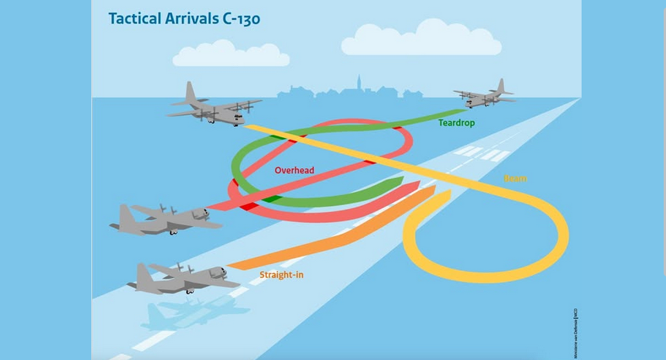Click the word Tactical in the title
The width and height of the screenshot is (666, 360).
coord(136,18)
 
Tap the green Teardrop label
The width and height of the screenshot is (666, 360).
coord(457,122)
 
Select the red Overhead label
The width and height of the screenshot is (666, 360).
coord(294,170)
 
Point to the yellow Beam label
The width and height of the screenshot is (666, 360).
coord(516,179)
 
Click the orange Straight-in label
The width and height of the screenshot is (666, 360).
coord(280,275)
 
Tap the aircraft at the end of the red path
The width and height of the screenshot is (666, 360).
coord(164,219)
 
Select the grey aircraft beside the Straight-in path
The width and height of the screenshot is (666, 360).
coord(182,277)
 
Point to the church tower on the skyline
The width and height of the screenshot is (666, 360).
coord(358,84)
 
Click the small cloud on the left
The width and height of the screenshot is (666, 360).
coord(230,53)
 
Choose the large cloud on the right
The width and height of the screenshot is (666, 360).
coord(421,39)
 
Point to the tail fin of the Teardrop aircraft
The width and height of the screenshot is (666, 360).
coord(501,85)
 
